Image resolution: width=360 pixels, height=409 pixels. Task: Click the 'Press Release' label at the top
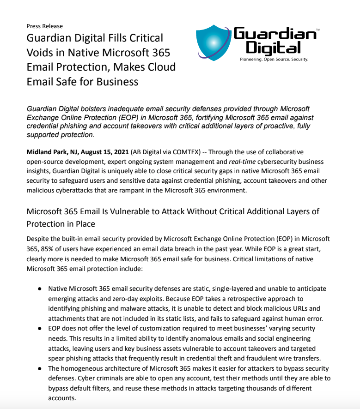[44, 26]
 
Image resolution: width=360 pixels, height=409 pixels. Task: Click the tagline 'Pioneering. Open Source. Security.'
[274, 60]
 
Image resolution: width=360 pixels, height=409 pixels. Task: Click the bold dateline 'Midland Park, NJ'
[54, 151]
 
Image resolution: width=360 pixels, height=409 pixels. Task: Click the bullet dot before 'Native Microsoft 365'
[40, 289]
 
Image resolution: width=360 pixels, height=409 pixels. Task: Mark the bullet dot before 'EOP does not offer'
[40, 328]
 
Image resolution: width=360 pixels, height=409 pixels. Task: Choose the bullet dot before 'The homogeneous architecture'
[40, 368]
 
